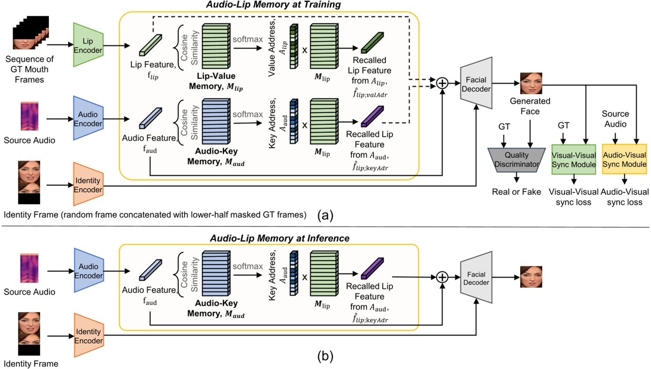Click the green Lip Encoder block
88,45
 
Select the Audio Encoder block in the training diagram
88,118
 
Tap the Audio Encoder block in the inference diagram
88,271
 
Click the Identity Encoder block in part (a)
88,185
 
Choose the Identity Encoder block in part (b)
88,336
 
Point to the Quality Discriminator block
516,160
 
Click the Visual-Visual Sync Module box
573,160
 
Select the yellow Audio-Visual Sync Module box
624,159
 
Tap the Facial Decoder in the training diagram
476,84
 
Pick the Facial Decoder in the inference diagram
476,278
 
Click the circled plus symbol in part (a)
442,83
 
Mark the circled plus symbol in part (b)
442,277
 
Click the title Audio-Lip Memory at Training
273,5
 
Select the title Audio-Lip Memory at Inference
279,238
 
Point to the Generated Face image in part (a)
531,83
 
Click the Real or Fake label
516,192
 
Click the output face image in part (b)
531,277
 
